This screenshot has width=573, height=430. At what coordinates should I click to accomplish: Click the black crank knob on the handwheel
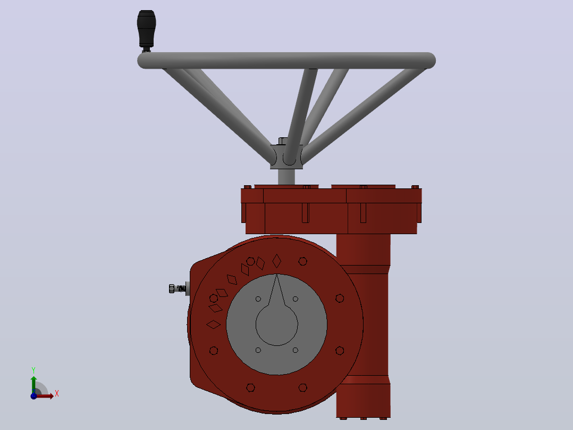[147, 29]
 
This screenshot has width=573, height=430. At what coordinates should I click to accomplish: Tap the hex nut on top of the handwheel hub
[283, 141]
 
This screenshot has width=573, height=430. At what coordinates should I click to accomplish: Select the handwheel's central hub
[286, 156]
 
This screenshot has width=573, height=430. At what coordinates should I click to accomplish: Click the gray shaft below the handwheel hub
[286, 177]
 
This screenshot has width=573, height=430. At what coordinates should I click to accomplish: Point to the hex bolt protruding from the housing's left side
[178, 288]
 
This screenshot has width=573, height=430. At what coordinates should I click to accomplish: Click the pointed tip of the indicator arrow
[276, 275]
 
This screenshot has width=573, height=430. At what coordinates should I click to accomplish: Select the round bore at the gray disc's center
[276, 324]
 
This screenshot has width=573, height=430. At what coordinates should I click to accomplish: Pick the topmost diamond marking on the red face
[276, 261]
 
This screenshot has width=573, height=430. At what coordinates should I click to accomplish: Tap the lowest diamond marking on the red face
[214, 324]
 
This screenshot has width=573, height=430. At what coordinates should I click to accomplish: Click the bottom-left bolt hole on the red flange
[250, 387]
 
